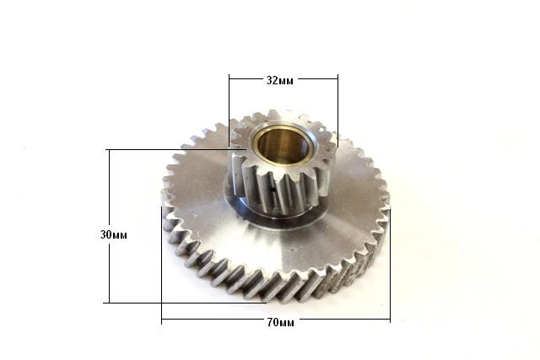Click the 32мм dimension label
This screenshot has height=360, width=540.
coord(280,81)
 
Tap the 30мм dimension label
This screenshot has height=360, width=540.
coord(114,235)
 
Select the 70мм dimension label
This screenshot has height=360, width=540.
coord(281,323)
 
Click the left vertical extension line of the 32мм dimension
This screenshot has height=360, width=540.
coord(229,110)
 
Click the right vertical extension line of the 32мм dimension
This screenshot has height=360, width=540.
coord(337,110)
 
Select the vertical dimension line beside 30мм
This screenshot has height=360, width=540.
coord(110,226)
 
